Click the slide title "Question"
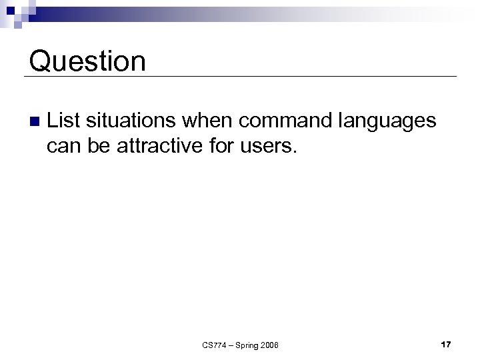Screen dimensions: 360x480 (87, 61)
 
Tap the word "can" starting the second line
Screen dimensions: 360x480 (63, 146)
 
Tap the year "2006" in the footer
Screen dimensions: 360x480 (270, 345)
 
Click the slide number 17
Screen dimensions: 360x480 (446, 344)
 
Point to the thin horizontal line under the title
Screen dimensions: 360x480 (240, 77)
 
